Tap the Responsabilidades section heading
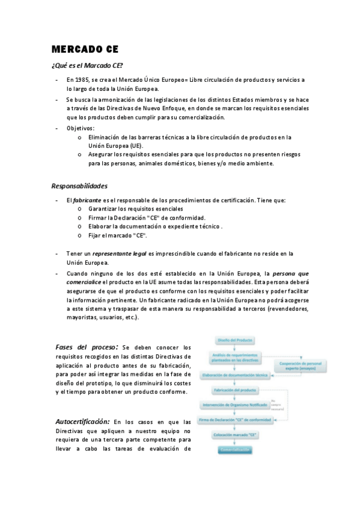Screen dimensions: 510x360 click(x=79, y=185)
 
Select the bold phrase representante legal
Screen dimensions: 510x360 click(x=119, y=254)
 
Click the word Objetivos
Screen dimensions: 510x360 click(x=80, y=128)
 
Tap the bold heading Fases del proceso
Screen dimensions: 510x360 click(x=87, y=347)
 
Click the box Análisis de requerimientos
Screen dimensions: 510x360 click(x=235, y=358)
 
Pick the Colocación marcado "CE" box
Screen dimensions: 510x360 click(x=235, y=434)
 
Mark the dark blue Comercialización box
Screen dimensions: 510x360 click(x=234, y=449)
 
